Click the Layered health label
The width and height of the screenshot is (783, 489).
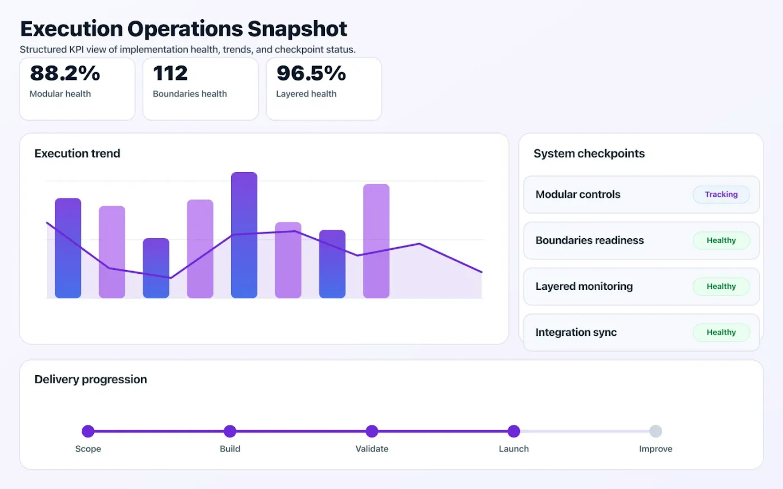306,94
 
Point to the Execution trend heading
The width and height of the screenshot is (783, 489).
77,153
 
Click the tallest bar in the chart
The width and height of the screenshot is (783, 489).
244,235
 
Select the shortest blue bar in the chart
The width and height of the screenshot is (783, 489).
156,268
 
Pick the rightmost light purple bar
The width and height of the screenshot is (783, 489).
376,241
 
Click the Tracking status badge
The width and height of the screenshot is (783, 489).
721,194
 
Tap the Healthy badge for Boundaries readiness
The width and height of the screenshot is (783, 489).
721,240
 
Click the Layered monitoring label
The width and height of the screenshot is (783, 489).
584,286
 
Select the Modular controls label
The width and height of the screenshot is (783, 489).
578,194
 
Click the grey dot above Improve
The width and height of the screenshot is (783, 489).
656,431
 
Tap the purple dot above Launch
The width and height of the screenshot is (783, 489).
513,431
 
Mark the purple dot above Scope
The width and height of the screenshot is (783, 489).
88,431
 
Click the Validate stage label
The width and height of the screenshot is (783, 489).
372,449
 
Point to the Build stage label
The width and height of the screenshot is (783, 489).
230,449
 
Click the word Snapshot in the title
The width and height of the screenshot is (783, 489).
297,29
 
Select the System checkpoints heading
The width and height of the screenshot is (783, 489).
589,153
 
